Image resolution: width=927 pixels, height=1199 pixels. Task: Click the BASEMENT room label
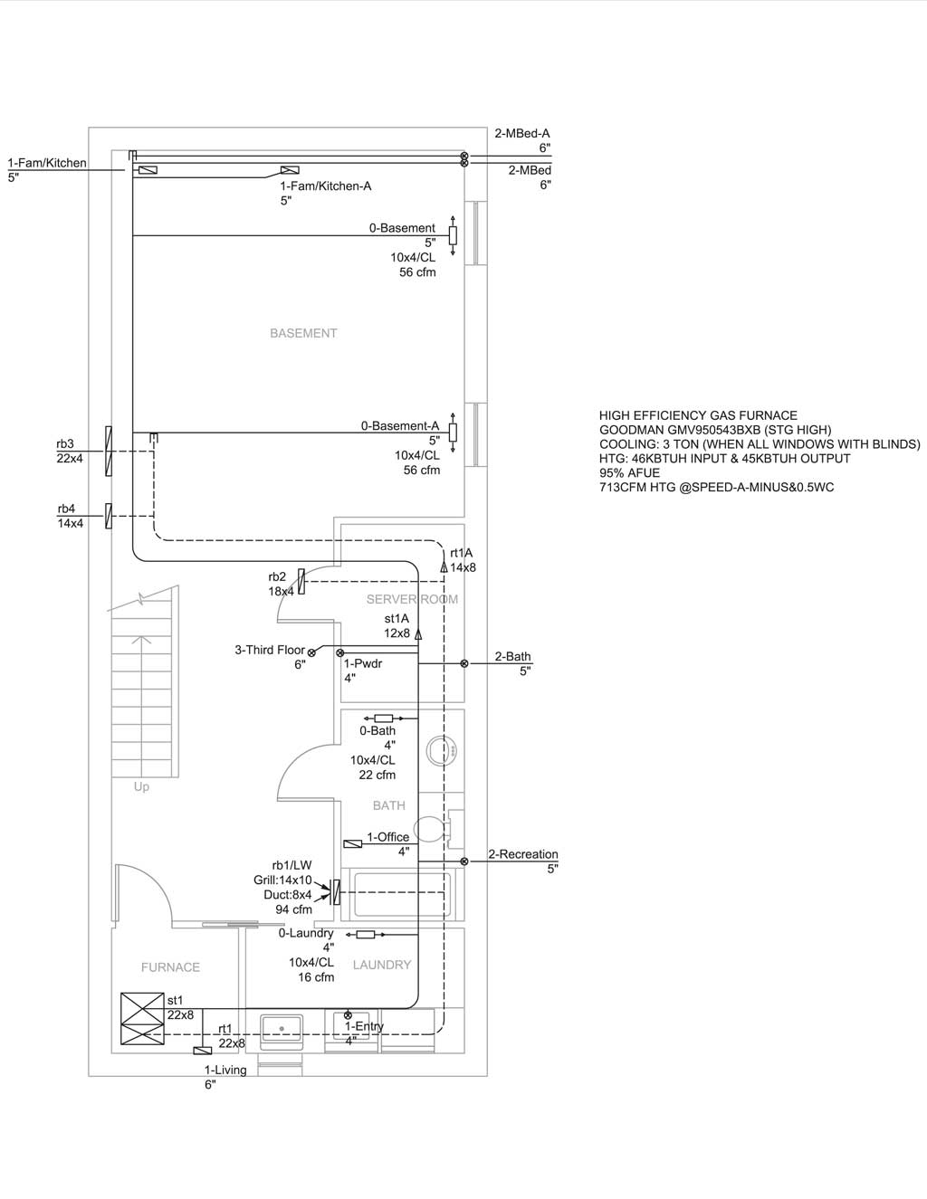pyautogui.click(x=303, y=333)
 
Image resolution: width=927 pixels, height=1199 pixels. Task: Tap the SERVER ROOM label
pyautogui.click(x=412, y=599)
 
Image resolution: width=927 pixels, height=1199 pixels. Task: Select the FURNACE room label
pyautogui.click(x=170, y=967)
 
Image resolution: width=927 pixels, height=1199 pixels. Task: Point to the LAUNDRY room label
pyautogui.click(x=382, y=965)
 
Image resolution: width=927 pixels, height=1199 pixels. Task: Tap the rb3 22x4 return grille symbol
pyautogui.click(x=109, y=451)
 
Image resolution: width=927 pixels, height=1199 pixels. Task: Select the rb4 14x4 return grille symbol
pyautogui.click(x=109, y=516)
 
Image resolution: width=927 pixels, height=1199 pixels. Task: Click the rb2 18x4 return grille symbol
pyautogui.click(x=301, y=582)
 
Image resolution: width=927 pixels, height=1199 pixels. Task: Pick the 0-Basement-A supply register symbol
pyautogui.click(x=453, y=433)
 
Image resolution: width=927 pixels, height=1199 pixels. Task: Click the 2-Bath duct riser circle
pyautogui.click(x=464, y=663)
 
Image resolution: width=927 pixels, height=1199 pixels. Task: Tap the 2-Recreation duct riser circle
pyautogui.click(x=464, y=861)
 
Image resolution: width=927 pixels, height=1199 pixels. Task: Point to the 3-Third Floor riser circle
pyautogui.click(x=311, y=652)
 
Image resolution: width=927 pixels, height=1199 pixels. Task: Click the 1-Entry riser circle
pyautogui.click(x=348, y=1015)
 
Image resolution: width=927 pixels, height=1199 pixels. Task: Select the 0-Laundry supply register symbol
pyautogui.click(x=366, y=934)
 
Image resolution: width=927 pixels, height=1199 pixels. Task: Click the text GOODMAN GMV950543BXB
pyautogui.click(x=680, y=430)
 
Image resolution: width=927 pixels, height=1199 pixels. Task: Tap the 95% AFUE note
pyautogui.click(x=629, y=473)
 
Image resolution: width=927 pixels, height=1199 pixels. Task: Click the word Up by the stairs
pyautogui.click(x=141, y=787)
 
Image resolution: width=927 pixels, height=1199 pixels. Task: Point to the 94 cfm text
pyautogui.click(x=293, y=909)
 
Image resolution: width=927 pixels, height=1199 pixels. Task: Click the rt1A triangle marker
pyautogui.click(x=444, y=566)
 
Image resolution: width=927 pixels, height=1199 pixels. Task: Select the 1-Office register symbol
pyautogui.click(x=352, y=843)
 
